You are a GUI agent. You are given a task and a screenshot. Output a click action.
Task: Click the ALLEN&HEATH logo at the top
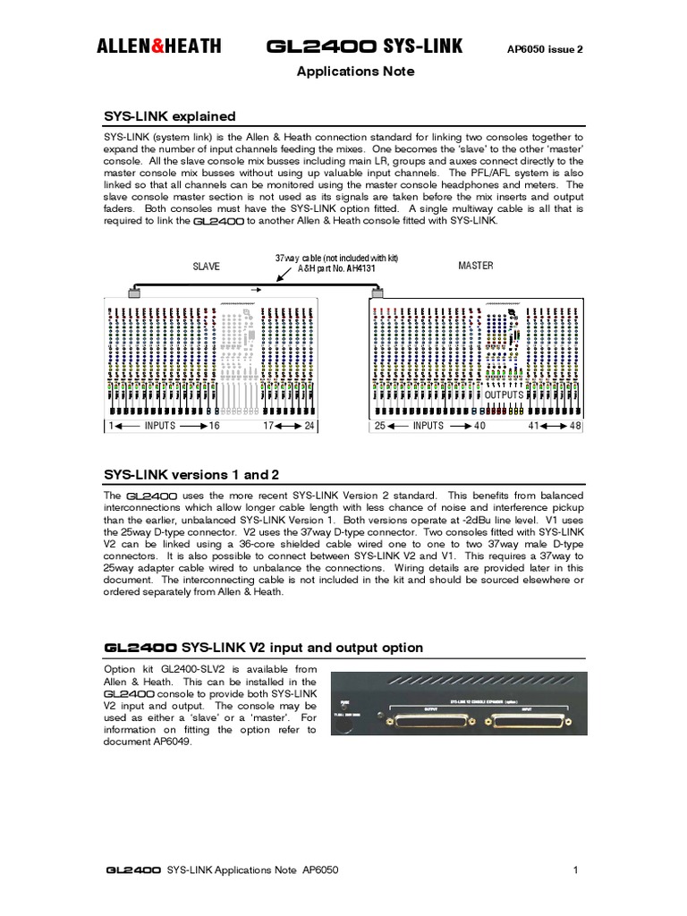pyautogui.click(x=159, y=47)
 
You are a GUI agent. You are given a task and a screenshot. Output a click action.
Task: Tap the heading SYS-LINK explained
pyautogui.click(x=171, y=116)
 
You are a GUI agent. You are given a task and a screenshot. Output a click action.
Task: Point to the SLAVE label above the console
pyautogui.click(x=206, y=267)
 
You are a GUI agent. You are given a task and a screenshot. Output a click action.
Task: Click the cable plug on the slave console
pyautogui.click(x=134, y=292)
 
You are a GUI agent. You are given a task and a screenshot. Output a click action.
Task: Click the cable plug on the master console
pyautogui.click(x=379, y=292)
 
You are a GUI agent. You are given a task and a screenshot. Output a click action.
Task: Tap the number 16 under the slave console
pyautogui.click(x=214, y=426)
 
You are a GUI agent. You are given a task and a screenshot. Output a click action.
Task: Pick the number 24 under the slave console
pyautogui.click(x=310, y=426)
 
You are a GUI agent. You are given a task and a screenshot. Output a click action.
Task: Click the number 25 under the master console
pyautogui.click(x=380, y=426)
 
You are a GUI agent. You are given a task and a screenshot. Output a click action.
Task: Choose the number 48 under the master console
pyautogui.click(x=574, y=426)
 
